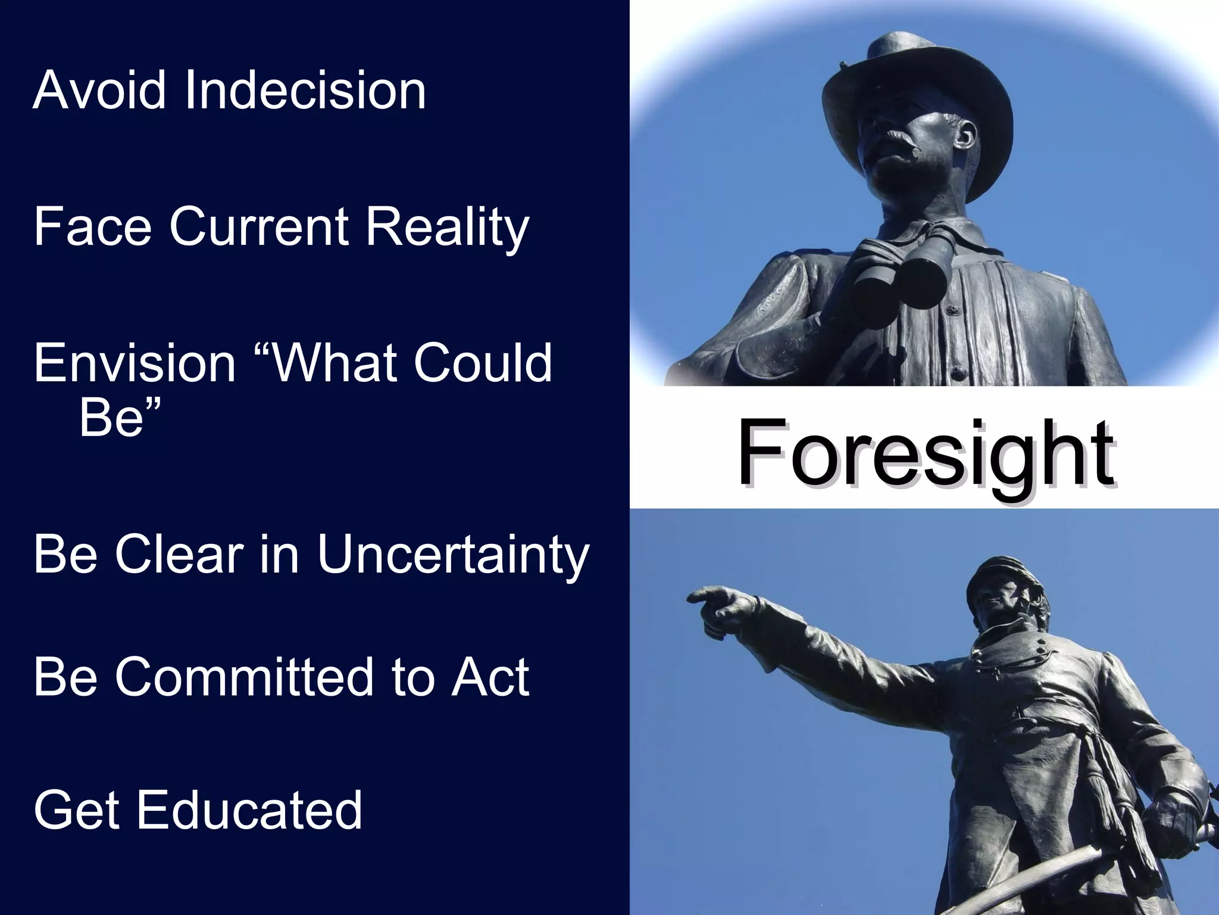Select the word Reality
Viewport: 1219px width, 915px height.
tap(446, 228)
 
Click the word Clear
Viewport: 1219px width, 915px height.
tap(179, 554)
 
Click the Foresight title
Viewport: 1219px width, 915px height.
tap(925, 453)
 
